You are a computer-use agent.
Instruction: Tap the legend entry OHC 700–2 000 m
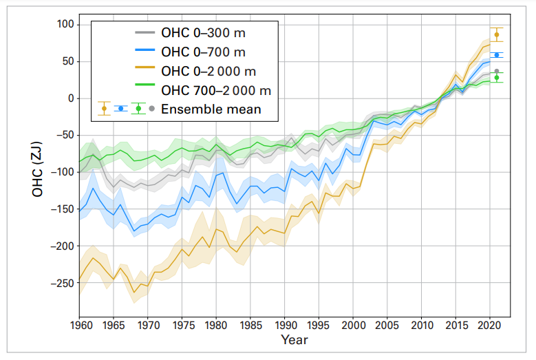[215, 90]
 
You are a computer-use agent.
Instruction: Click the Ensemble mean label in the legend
[210, 109]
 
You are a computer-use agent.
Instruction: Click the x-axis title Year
[294, 340]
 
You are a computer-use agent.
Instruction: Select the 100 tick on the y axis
[63, 25]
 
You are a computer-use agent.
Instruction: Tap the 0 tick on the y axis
[68, 98]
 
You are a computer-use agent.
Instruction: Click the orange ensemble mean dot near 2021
[497, 34]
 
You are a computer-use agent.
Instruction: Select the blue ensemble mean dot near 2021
[497, 55]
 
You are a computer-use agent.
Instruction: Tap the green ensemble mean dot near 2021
[497, 78]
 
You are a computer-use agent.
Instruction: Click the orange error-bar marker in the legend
[104, 108]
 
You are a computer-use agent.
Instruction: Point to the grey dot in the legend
[151, 109]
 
